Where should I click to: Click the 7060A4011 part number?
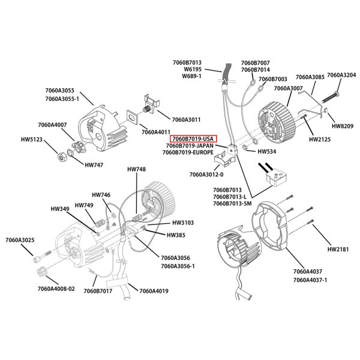coord(157,131)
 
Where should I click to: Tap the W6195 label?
coord(192,70)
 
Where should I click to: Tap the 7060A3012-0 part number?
coord(206,175)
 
